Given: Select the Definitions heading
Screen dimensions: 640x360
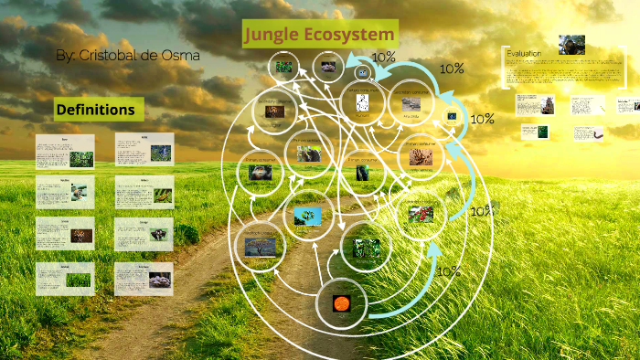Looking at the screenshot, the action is (x=95, y=110).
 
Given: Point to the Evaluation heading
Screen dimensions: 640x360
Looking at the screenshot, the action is (x=524, y=54).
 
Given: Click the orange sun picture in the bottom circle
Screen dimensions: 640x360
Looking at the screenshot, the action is (x=341, y=302).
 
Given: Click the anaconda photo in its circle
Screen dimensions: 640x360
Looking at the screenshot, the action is (x=260, y=173).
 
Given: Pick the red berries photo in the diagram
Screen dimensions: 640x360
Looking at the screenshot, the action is (x=421, y=215).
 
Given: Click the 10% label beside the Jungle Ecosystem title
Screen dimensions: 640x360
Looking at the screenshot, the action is (x=384, y=57).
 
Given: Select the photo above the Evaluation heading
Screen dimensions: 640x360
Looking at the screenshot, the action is (x=572, y=44).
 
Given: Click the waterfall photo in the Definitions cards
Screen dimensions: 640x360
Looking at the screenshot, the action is (x=161, y=154).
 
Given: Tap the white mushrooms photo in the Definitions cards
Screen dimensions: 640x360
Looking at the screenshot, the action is (x=161, y=280).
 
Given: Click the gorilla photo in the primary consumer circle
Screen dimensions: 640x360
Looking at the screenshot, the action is (x=364, y=172).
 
